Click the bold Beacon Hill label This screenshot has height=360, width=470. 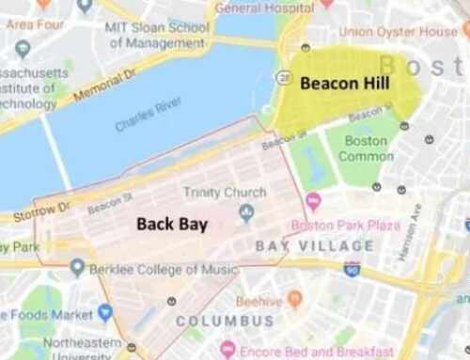pos(344,84)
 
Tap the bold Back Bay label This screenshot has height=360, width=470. pos(172,225)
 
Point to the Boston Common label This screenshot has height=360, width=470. pos(365,148)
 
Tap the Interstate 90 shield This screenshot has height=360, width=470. pos(352,269)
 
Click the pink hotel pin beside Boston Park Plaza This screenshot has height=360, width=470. pos(313,201)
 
